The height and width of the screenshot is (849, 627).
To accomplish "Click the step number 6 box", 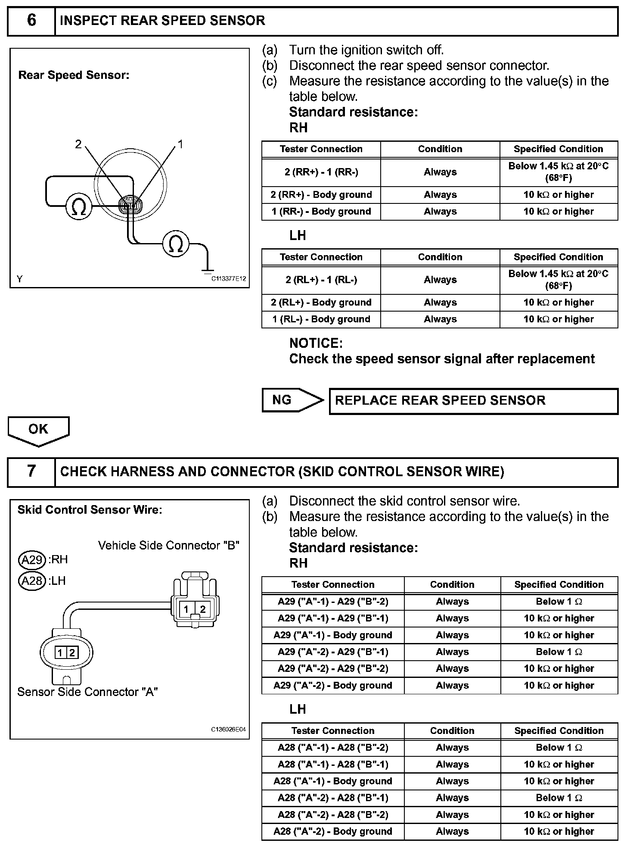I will (31, 21).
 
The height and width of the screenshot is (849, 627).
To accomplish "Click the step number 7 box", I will (31, 471).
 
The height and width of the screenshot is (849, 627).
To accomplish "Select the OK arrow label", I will (38, 429).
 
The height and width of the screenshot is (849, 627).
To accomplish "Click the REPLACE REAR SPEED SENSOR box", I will (473, 401).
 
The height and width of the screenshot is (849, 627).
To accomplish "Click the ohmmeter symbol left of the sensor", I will (79, 207).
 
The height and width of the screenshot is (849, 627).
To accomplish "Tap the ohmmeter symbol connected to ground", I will (176, 244).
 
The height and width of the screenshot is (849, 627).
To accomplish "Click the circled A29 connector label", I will (32, 560).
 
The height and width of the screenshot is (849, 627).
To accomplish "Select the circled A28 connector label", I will (32, 581).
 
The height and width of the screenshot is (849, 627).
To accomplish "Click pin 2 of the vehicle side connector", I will (203, 609).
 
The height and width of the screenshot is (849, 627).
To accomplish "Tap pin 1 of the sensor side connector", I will (60, 653).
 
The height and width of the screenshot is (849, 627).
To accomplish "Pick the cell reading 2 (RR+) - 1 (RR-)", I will (321, 172).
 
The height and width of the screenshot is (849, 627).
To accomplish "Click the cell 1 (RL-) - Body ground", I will (321, 319).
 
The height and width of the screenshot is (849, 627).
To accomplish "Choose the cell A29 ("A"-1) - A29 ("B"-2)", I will (333, 602).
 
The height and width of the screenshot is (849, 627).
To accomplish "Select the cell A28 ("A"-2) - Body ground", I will (333, 831).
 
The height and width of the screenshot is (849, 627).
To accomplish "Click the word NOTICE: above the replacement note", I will (316, 343).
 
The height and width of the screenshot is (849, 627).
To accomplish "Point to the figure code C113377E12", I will (228, 279).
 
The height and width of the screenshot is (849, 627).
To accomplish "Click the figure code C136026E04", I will (228, 730).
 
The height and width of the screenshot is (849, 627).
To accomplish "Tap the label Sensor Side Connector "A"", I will (87, 692).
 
